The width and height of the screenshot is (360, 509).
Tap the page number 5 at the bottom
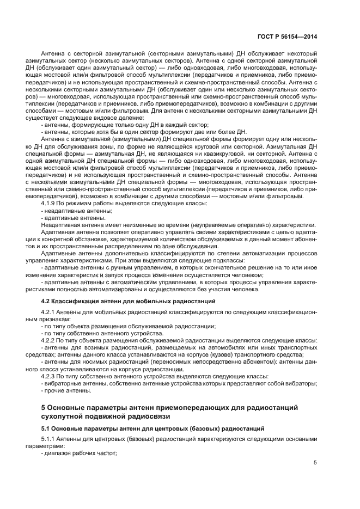click(x=315, y=462)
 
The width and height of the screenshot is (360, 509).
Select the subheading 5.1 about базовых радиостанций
click(x=152, y=429)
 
